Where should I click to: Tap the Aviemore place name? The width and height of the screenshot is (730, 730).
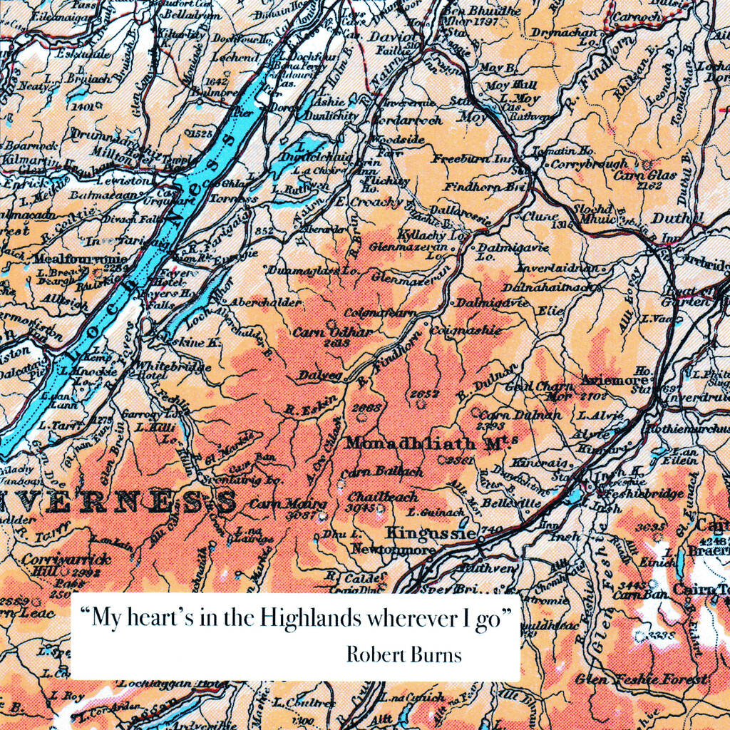(x=608, y=380)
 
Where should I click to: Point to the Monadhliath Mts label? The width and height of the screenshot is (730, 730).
(x=431, y=443)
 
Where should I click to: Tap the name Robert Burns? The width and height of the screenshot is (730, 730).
(x=403, y=654)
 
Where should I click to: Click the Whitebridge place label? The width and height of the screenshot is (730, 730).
(x=173, y=366)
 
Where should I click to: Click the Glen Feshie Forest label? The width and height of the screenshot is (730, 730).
(x=642, y=679)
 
